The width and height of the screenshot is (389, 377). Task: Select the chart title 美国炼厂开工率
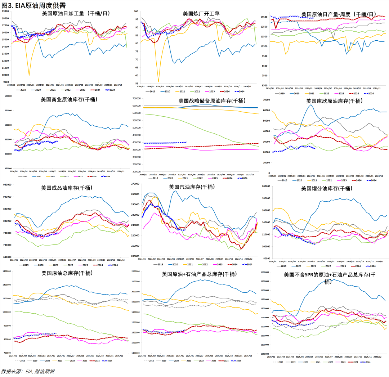[201, 14]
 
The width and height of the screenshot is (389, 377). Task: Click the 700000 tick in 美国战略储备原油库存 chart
[136, 98]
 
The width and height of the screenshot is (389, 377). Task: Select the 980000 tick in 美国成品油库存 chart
[7, 185]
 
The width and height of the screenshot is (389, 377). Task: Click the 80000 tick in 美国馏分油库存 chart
[266, 259]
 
